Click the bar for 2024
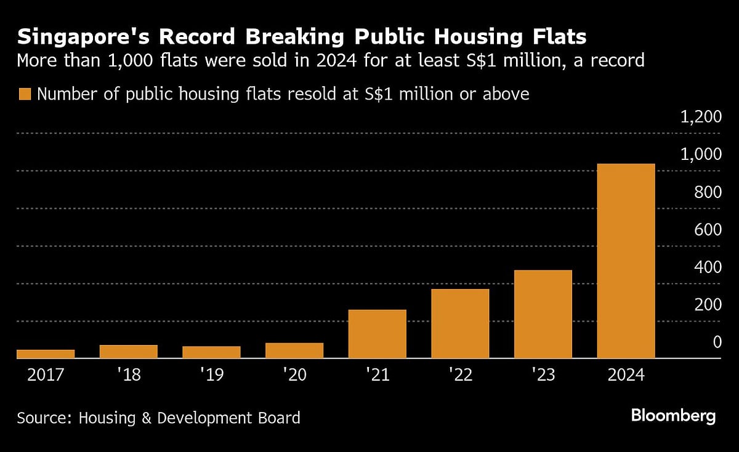(x=626, y=261)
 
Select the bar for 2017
(x=46, y=354)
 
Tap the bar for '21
(x=377, y=334)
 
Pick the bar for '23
(x=543, y=314)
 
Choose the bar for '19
(x=211, y=352)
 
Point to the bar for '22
(x=460, y=323)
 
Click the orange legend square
(x=25, y=94)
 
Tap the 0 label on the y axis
(x=717, y=342)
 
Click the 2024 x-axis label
(x=626, y=375)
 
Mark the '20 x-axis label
(x=294, y=375)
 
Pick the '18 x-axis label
(x=129, y=375)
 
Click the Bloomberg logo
(x=673, y=416)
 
